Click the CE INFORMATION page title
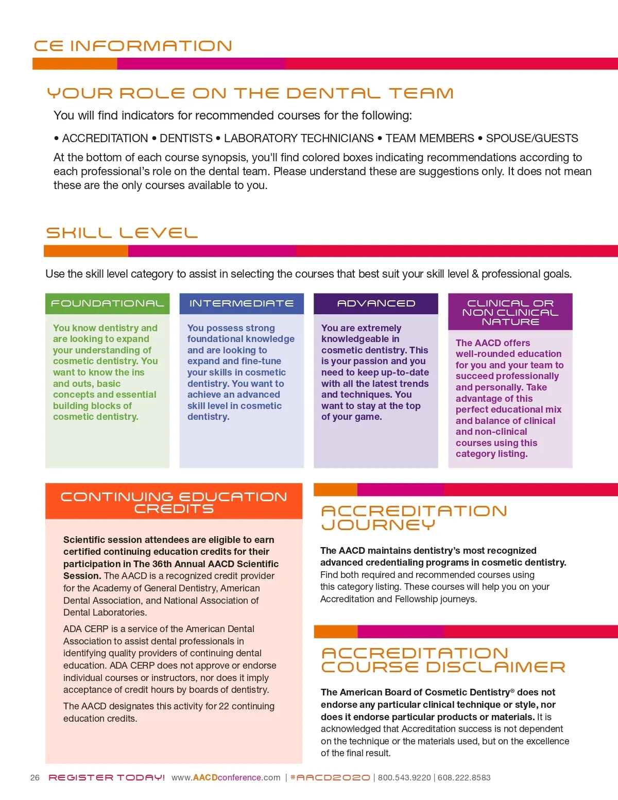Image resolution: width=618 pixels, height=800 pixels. click(x=133, y=46)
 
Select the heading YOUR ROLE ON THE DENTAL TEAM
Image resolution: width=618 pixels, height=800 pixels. click(x=250, y=93)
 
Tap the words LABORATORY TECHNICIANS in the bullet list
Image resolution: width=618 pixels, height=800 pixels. click(x=299, y=138)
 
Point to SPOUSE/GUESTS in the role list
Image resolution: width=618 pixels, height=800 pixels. click(x=532, y=138)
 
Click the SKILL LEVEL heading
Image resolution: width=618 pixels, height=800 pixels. click(x=122, y=233)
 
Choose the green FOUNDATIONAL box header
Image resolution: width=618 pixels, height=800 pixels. click(x=107, y=303)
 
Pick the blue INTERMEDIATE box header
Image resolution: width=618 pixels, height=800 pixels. click(x=242, y=303)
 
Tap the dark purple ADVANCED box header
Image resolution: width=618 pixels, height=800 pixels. click(x=376, y=303)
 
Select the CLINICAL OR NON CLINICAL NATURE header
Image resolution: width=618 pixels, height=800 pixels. click(x=510, y=312)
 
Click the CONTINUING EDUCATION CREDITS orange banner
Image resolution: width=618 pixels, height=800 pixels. click(x=174, y=502)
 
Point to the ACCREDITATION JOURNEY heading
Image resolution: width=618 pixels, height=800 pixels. click(x=414, y=518)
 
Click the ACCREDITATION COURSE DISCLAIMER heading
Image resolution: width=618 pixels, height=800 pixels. click(x=443, y=660)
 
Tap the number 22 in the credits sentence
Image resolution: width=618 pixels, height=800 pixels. click(x=224, y=706)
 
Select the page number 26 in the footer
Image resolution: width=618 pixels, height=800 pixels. click(x=35, y=778)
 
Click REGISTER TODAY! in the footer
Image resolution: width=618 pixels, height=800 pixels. click(x=107, y=778)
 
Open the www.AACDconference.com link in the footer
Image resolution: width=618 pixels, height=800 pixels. click(x=226, y=778)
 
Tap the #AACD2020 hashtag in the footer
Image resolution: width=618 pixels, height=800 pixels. click(x=330, y=778)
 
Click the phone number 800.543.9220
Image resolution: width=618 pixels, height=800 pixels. click(x=404, y=778)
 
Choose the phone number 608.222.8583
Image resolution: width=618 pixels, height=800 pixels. click(x=464, y=778)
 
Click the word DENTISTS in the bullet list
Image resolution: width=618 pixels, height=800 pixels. click(x=186, y=138)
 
